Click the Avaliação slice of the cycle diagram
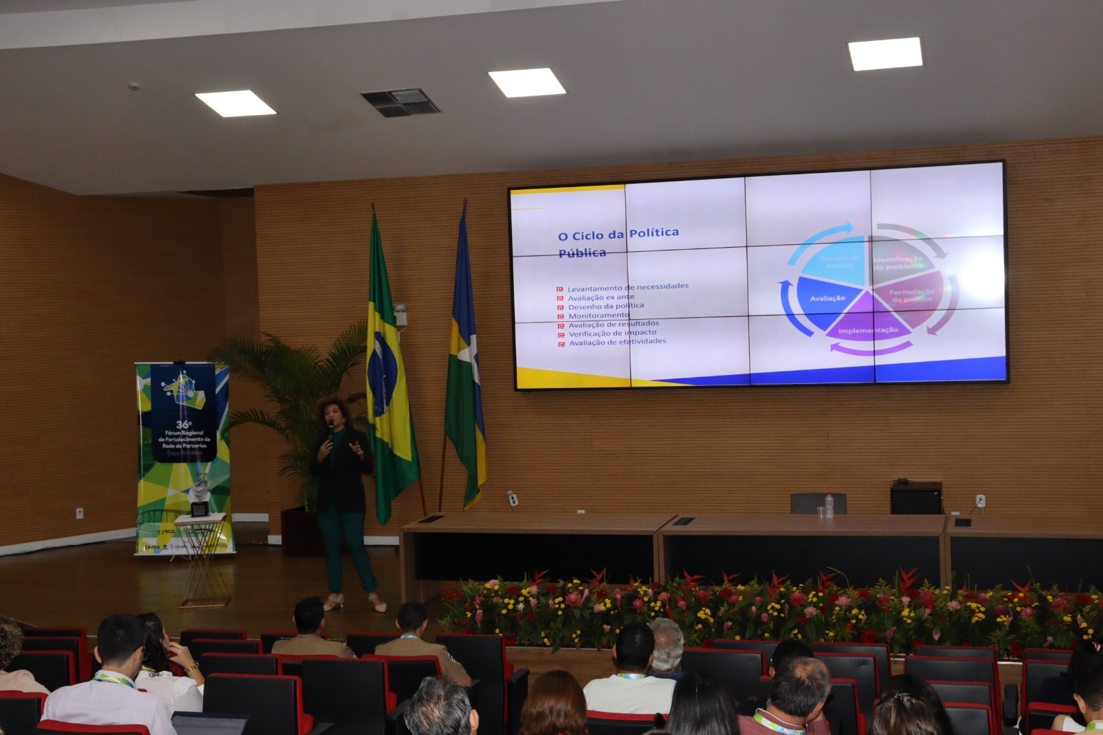coord(826,299)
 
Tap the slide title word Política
coord(654,233)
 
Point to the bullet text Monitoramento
coord(598,315)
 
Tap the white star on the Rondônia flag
coord(468,354)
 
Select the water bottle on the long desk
coord(829,506)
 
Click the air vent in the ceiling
coord(400,103)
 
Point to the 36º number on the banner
coord(183,424)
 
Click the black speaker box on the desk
coord(916,497)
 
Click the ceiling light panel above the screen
coord(526,82)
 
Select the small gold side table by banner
coord(202,558)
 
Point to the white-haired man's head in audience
coord(667,643)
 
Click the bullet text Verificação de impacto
coord(612,333)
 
